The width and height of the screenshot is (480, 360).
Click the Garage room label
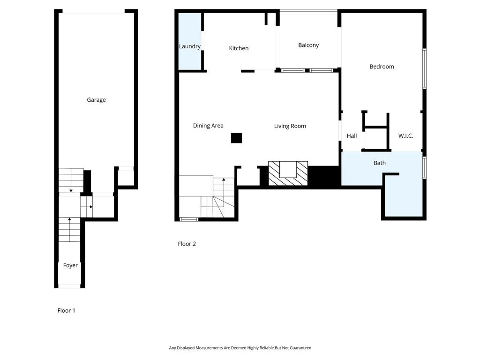(96, 100)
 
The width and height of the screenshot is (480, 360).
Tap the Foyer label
(70, 265)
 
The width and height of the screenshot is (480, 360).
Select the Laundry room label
(190, 46)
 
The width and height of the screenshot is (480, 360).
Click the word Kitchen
(239, 48)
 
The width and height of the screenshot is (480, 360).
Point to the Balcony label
(308, 45)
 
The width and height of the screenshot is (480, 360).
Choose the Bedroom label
(382, 67)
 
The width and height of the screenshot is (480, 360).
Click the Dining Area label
(208, 126)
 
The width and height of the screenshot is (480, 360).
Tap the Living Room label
(290, 126)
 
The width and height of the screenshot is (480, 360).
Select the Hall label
(352, 136)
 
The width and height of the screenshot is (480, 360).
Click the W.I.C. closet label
(405, 136)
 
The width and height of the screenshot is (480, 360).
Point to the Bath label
(380, 163)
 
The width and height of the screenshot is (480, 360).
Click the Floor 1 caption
(66, 310)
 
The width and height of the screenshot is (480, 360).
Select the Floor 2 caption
(187, 244)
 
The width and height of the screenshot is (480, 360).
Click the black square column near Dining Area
(236, 138)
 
